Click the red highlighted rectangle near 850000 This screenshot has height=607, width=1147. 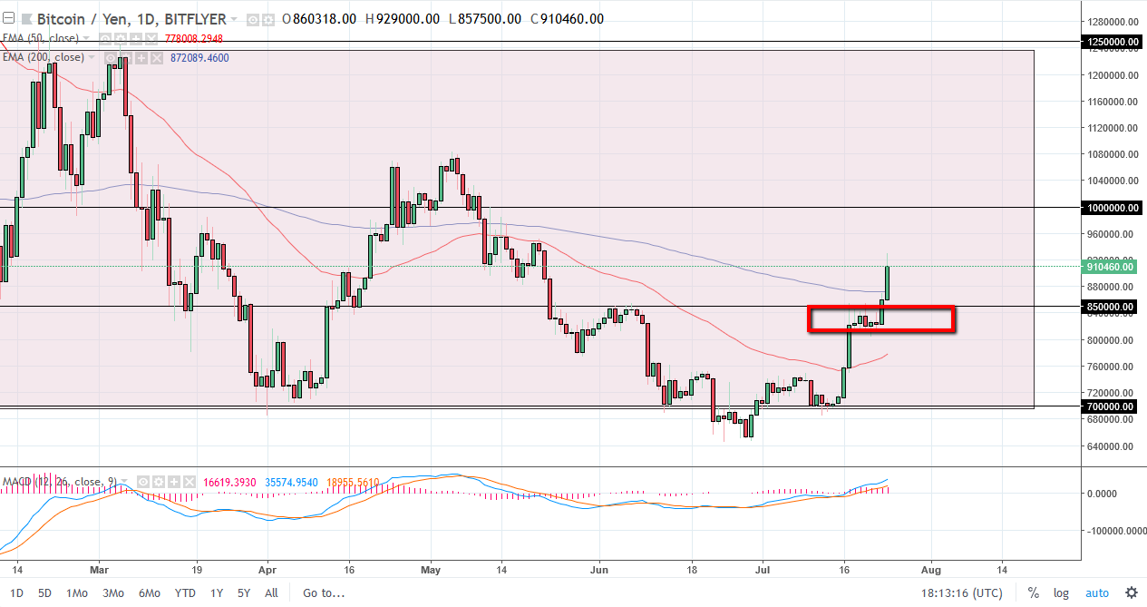(880, 318)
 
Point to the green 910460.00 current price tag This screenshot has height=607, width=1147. (1109, 267)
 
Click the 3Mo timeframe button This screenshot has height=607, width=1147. (112, 593)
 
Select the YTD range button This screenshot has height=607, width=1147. (185, 593)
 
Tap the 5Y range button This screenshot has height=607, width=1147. (243, 593)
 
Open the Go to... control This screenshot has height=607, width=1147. (324, 593)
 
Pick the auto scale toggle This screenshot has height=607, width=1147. (1096, 593)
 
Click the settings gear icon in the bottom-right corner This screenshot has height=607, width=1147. (1131, 592)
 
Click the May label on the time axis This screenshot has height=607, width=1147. (431, 570)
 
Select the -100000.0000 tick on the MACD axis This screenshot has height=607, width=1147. (1114, 532)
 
